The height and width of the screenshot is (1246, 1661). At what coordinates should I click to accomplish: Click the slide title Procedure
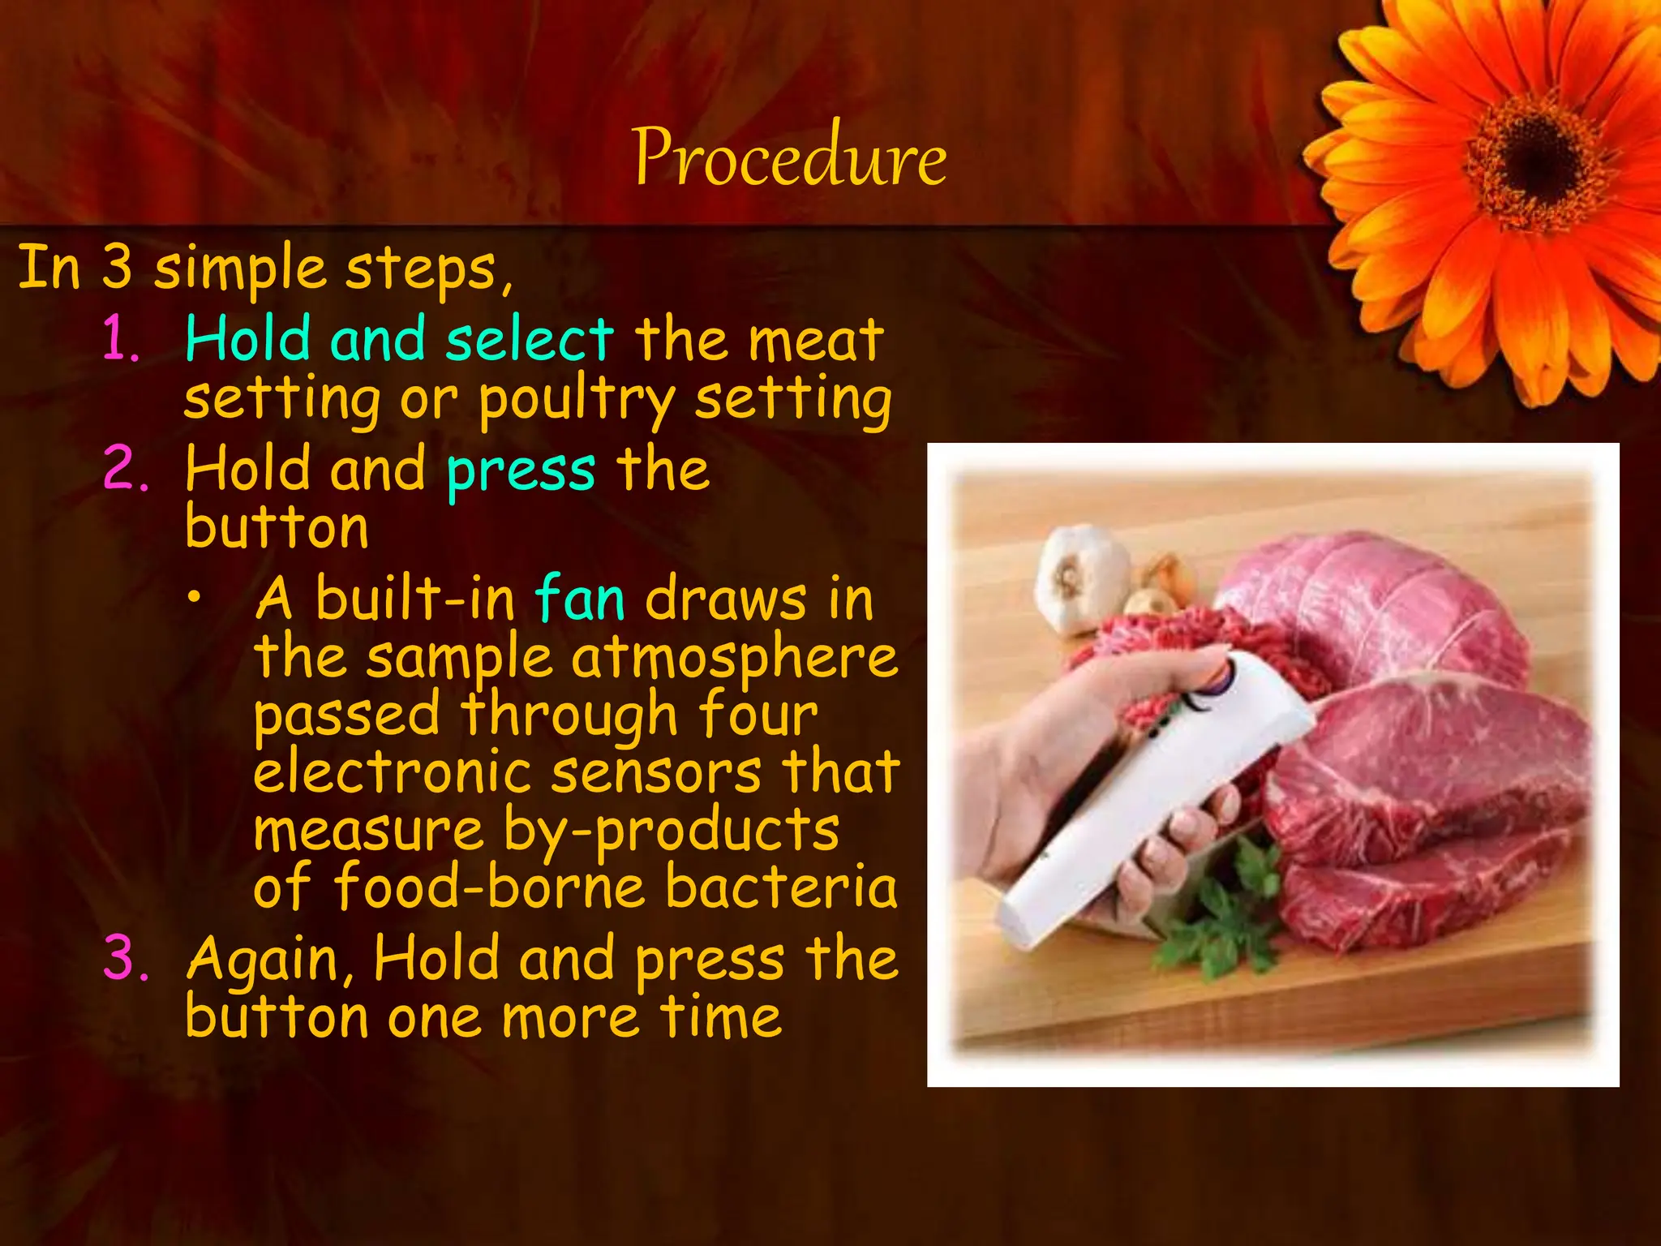[x=789, y=157]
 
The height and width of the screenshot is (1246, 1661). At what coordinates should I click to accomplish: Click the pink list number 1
[x=122, y=339]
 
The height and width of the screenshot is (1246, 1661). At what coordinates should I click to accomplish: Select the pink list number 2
[x=126, y=469]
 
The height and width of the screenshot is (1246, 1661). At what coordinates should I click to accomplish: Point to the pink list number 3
[x=126, y=958]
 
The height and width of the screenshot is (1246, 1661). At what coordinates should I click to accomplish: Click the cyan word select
[x=530, y=339]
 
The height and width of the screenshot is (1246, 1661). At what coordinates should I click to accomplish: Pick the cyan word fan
[x=580, y=599]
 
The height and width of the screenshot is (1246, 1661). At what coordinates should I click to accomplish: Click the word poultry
[x=577, y=399]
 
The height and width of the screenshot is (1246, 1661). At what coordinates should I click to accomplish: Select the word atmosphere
[x=735, y=657]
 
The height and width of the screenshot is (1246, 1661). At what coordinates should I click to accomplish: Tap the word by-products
[x=671, y=830]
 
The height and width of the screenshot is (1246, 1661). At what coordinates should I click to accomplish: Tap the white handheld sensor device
[x=1152, y=795]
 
